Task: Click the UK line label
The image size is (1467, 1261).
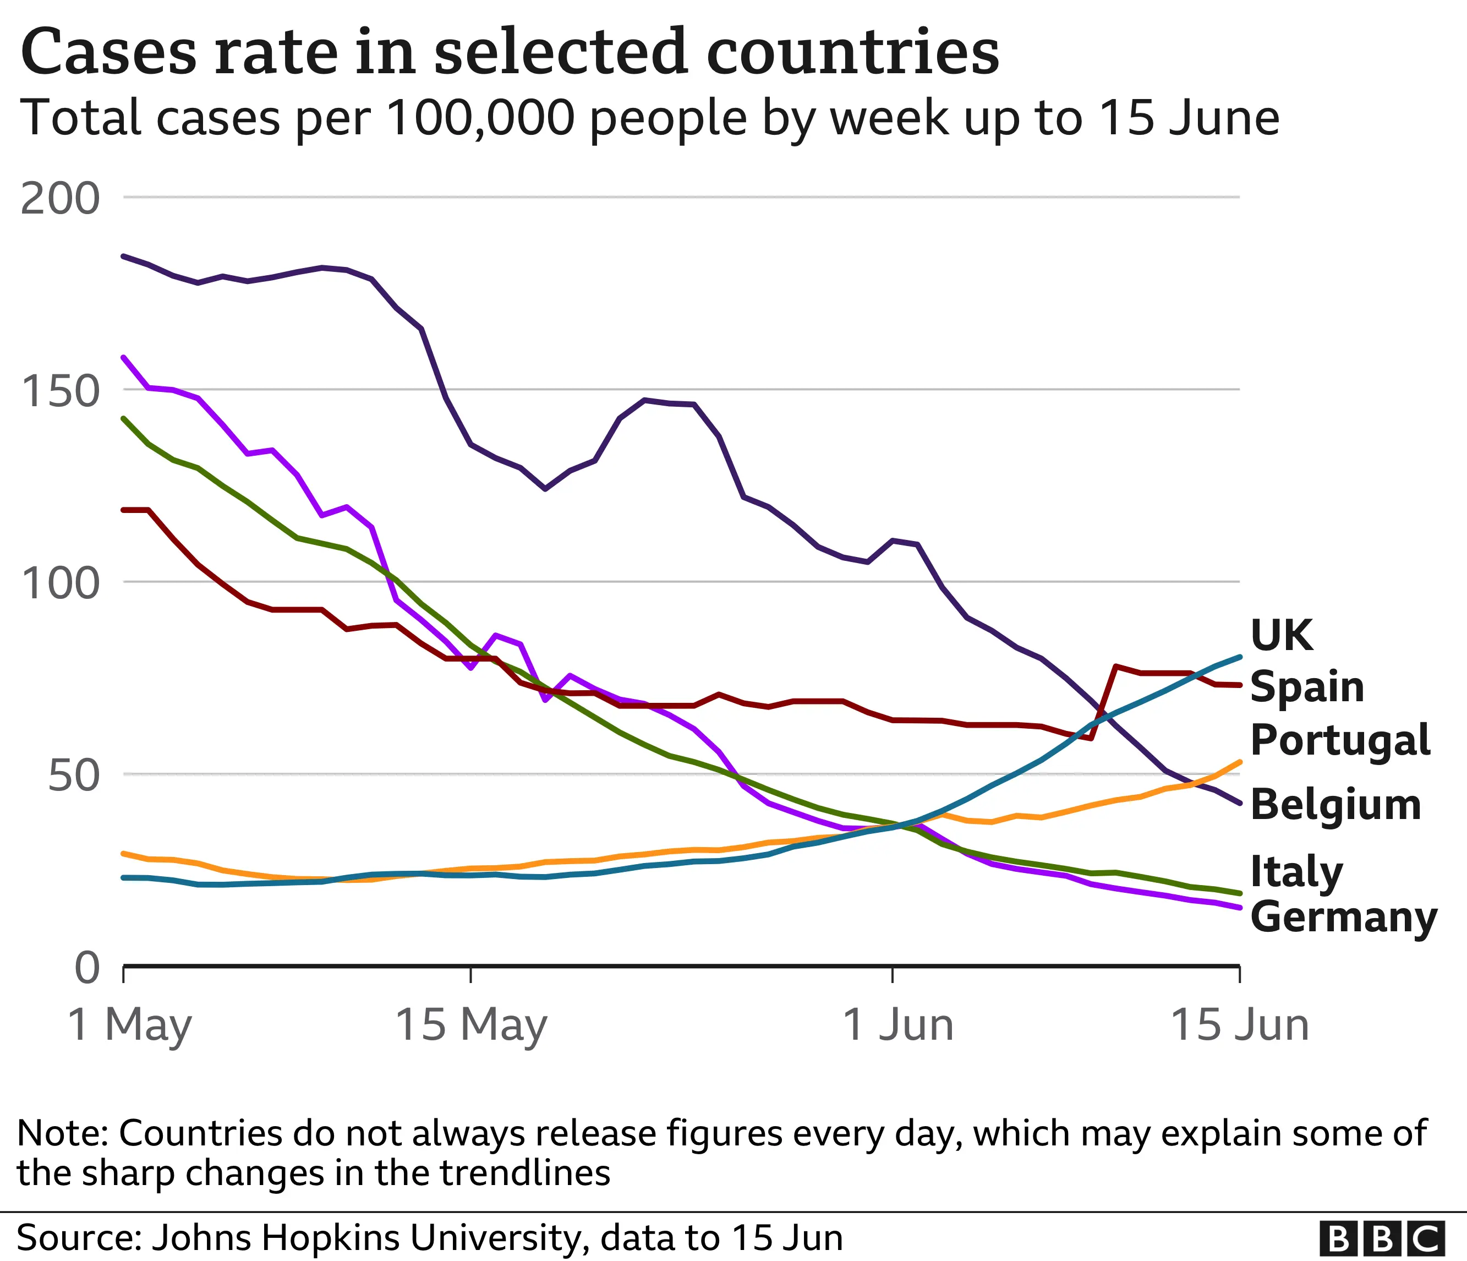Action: point(1282,635)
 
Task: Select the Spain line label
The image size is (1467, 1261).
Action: point(1307,687)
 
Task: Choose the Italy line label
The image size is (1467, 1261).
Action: point(1296,872)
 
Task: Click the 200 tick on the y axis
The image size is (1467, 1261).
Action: point(60,199)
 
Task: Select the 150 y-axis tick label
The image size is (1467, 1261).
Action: point(60,391)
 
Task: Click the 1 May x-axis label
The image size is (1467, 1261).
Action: point(129,1025)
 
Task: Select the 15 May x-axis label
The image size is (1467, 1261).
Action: point(471,1025)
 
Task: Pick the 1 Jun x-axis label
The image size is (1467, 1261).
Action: point(898,1025)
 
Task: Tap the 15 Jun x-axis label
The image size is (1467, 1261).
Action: point(1240,1025)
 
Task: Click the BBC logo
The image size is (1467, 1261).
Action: point(1381,1239)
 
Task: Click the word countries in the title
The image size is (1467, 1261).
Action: point(852,52)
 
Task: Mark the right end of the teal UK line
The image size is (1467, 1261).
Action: point(1239,657)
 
